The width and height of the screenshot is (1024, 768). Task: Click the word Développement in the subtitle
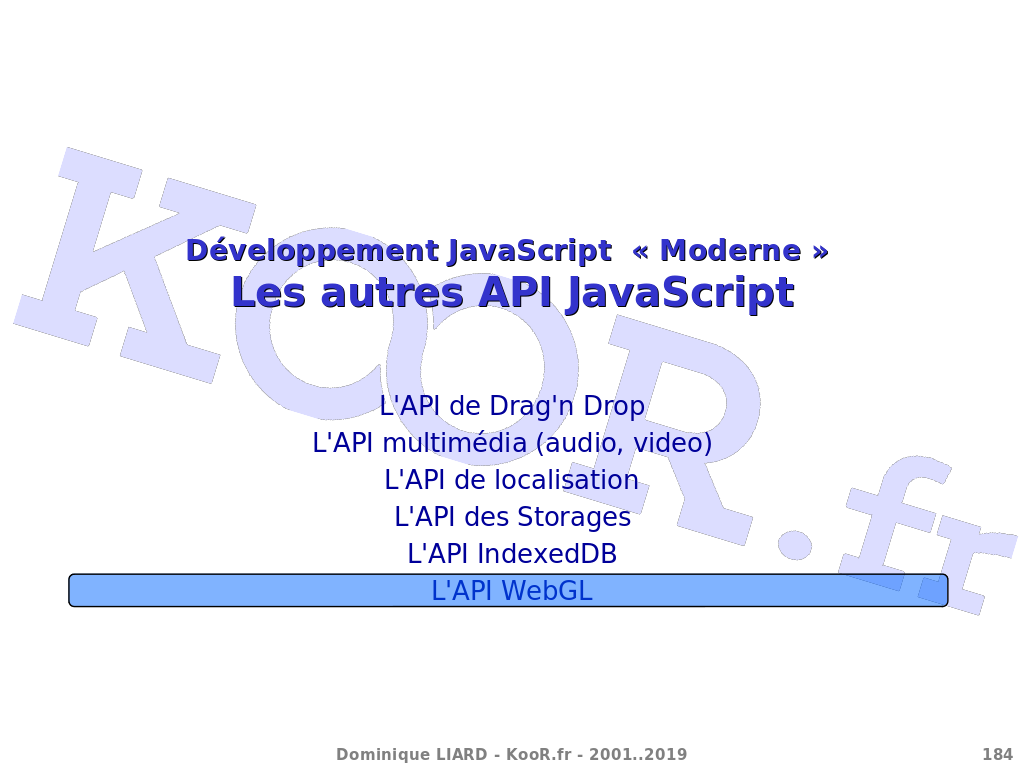312,252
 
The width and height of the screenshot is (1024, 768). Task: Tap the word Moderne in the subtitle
730,251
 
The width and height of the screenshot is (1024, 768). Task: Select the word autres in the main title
392,293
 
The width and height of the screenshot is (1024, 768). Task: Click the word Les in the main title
268,292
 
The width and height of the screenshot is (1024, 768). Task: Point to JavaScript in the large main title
680,293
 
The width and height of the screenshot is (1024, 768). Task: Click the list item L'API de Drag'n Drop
512,406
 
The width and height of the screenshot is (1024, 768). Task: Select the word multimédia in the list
455,443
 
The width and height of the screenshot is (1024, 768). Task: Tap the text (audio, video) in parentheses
624,443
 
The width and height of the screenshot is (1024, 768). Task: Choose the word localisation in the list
566,480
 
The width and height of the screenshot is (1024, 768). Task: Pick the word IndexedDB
547,554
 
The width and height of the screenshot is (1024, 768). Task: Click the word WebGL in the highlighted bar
547,591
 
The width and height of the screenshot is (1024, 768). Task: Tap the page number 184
997,755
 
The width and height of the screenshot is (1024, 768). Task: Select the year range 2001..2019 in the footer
638,755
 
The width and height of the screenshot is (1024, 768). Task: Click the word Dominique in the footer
383,755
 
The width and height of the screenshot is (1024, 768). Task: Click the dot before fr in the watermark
795,544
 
